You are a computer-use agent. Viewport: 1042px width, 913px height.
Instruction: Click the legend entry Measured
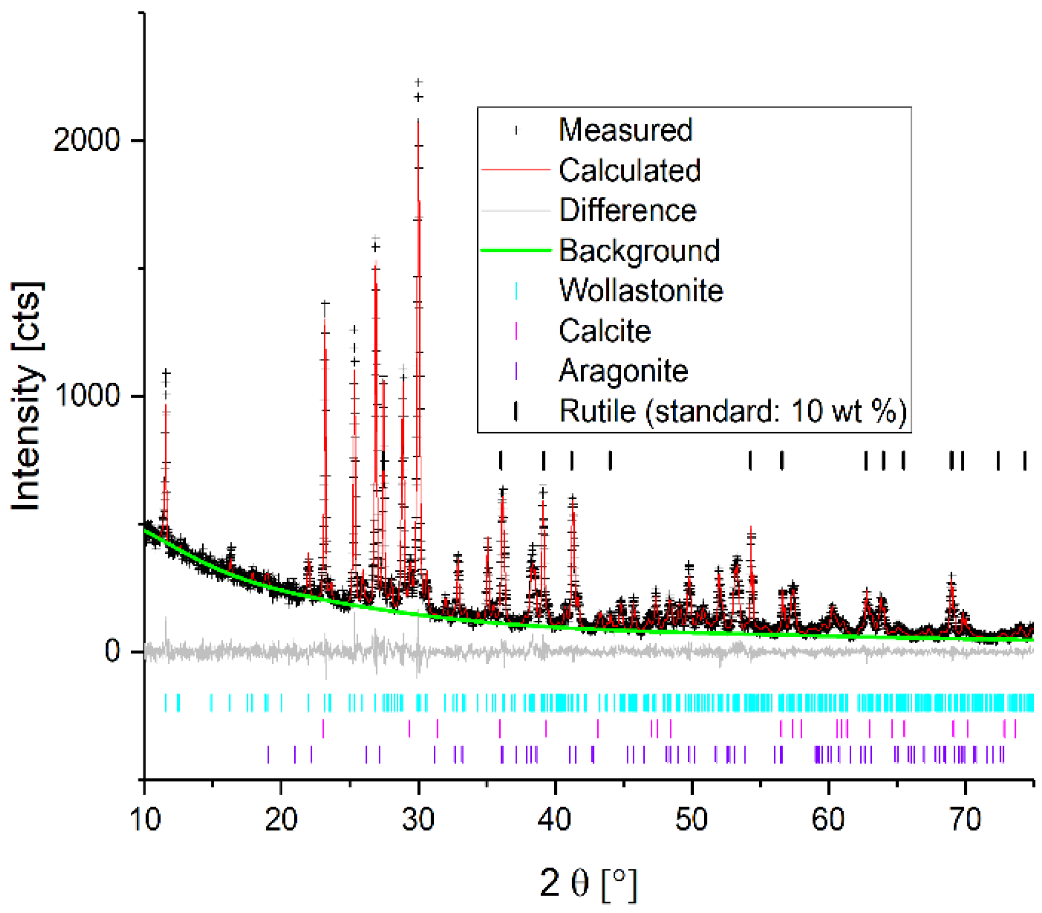tap(625, 130)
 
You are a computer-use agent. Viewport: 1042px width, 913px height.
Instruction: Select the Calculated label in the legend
tap(629, 170)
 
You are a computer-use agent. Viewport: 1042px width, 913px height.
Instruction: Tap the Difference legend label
tap(627, 210)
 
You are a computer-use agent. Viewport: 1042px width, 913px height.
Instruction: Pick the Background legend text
tap(639, 250)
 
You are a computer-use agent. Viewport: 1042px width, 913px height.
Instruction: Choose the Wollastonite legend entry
tap(641, 290)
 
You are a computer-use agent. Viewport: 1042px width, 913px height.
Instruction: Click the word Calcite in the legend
tap(604, 330)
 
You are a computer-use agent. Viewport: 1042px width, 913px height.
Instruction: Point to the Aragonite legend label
tap(623, 371)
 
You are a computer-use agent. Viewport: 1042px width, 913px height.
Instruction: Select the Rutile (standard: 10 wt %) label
tap(732, 410)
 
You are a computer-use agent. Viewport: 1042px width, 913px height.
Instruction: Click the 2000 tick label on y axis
tap(86, 140)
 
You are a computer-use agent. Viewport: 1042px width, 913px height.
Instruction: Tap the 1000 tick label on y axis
tap(87, 395)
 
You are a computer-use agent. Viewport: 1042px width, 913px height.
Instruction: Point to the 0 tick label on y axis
tap(112, 651)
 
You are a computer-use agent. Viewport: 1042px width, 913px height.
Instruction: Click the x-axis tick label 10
tap(145, 819)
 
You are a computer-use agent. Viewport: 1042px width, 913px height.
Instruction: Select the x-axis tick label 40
tap(554, 819)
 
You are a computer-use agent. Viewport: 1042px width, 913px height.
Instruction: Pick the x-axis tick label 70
tap(965, 819)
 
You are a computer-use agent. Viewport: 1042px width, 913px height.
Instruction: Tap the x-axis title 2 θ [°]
tap(588, 883)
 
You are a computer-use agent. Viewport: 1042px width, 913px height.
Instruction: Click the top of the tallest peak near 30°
tap(419, 83)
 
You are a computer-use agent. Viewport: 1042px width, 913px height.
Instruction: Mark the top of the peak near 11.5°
tap(166, 373)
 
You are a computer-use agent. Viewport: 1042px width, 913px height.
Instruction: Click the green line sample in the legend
tap(516, 250)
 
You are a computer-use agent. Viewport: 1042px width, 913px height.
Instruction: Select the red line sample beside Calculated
tap(516, 170)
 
